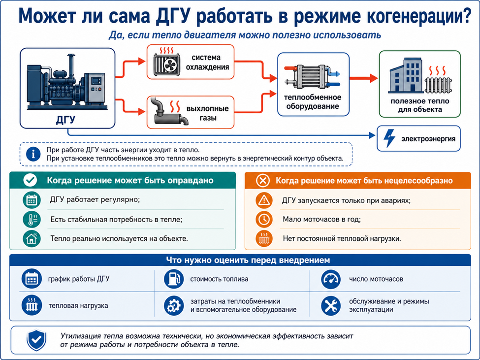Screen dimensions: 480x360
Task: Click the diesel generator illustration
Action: (x=67, y=83)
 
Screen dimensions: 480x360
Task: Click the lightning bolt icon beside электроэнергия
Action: (x=389, y=138)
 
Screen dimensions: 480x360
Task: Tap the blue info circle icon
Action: (x=33, y=154)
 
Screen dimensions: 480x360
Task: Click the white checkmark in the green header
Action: (x=31, y=180)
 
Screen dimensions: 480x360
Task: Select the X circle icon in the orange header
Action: (x=263, y=181)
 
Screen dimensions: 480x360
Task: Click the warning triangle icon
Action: (x=263, y=200)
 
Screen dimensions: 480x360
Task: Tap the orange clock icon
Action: (x=263, y=219)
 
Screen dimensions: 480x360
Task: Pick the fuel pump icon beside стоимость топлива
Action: (x=174, y=279)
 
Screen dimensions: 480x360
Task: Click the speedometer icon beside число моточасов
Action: (x=331, y=279)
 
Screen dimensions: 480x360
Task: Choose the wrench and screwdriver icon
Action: (x=331, y=305)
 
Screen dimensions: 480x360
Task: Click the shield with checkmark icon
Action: (x=36, y=340)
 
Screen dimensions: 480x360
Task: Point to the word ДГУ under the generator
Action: (x=65, y=120)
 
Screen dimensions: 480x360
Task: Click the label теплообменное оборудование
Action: (x=312, y=102)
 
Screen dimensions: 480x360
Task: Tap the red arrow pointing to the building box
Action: (x=364, y=78)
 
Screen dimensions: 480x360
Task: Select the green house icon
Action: (x=32, y=238)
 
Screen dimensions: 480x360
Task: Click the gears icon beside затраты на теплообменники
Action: (x=174, y=305)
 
